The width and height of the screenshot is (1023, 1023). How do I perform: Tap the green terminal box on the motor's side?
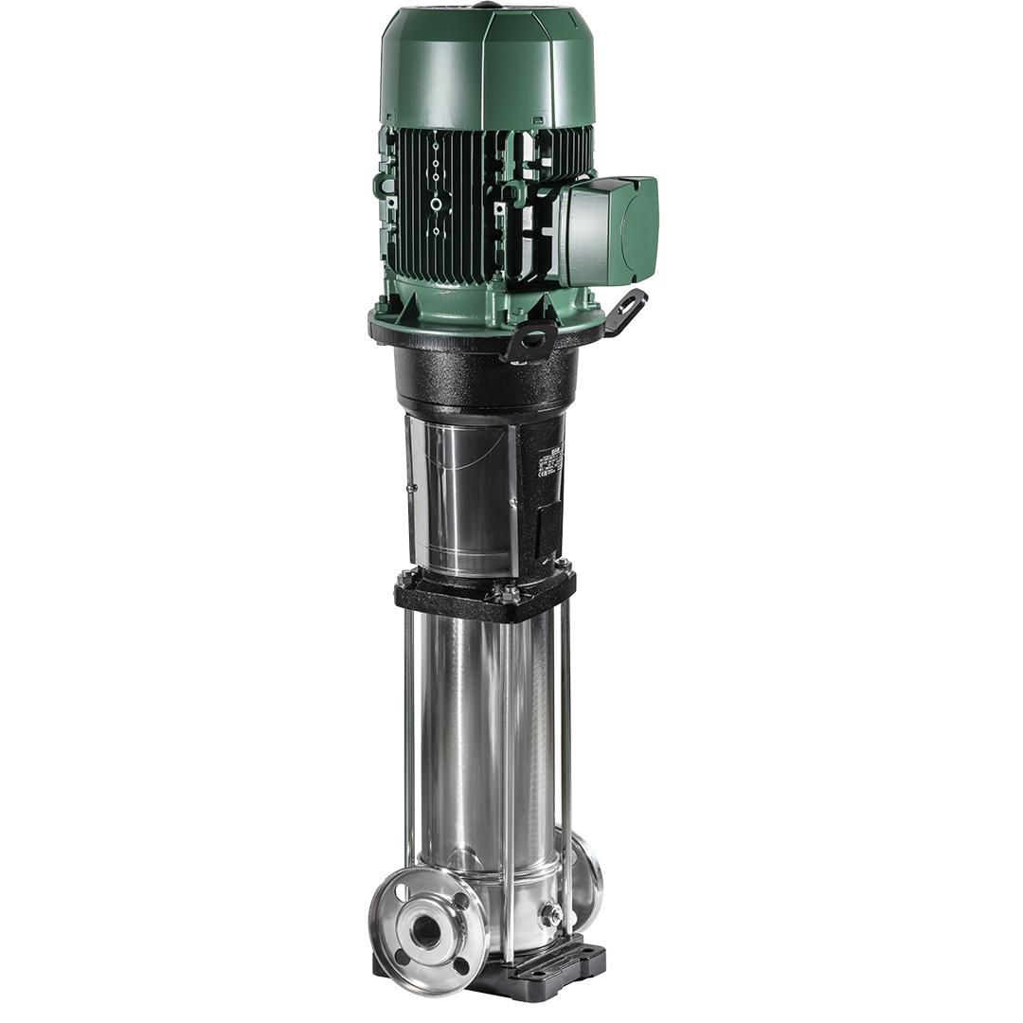click(612, 230)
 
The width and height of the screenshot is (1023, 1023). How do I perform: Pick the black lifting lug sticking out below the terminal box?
click(626, 310)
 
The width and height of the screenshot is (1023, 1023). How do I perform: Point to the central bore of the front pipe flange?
click(425, 932)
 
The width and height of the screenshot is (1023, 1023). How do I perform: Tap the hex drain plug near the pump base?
click(548, 915)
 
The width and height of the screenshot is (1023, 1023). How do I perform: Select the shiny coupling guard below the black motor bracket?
click(461, 493)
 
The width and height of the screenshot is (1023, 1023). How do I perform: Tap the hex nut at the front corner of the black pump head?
click(509, 595)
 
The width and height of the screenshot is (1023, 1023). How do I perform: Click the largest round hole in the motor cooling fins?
click(435, 205)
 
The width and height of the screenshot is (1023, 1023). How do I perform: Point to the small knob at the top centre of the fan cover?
click(488, 5)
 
